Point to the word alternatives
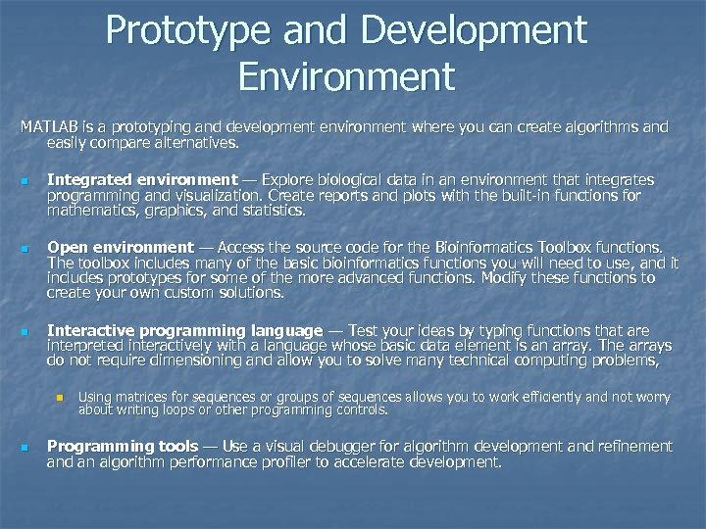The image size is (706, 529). [193, 142]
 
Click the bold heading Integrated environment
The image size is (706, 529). [142, 180]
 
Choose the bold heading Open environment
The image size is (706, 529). [121, 248]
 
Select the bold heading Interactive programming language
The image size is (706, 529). [184, 331]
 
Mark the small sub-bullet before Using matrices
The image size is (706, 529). [59, 398]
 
